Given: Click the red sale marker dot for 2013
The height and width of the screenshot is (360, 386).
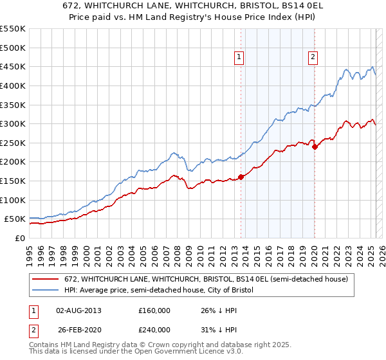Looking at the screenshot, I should click(x=241, y=177).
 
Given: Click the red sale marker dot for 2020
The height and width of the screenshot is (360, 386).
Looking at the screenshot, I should click(x=315, y=147).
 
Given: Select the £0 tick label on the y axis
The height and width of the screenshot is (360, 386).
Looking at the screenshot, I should click(x=19, y=238).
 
